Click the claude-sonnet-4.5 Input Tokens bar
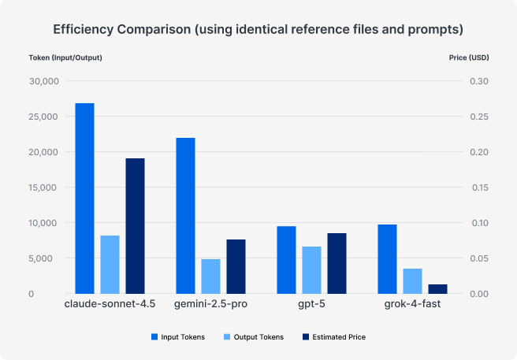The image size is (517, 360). [84, 199]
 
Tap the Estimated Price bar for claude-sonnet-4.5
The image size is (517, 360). [135, 226]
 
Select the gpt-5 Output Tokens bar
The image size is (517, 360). [311, 270]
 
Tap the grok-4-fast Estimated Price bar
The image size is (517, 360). [437, 289]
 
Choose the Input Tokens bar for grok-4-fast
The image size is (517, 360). [387, 259]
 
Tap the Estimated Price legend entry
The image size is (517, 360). [334, 336]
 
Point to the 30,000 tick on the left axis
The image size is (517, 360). [43, 81]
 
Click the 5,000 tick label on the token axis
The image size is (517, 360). [45, 258]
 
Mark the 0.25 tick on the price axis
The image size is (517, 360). [478, 117]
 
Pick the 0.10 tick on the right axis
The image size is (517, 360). [478, 223]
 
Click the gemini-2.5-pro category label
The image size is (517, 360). [210, 304]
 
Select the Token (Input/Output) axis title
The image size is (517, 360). [65, 58]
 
